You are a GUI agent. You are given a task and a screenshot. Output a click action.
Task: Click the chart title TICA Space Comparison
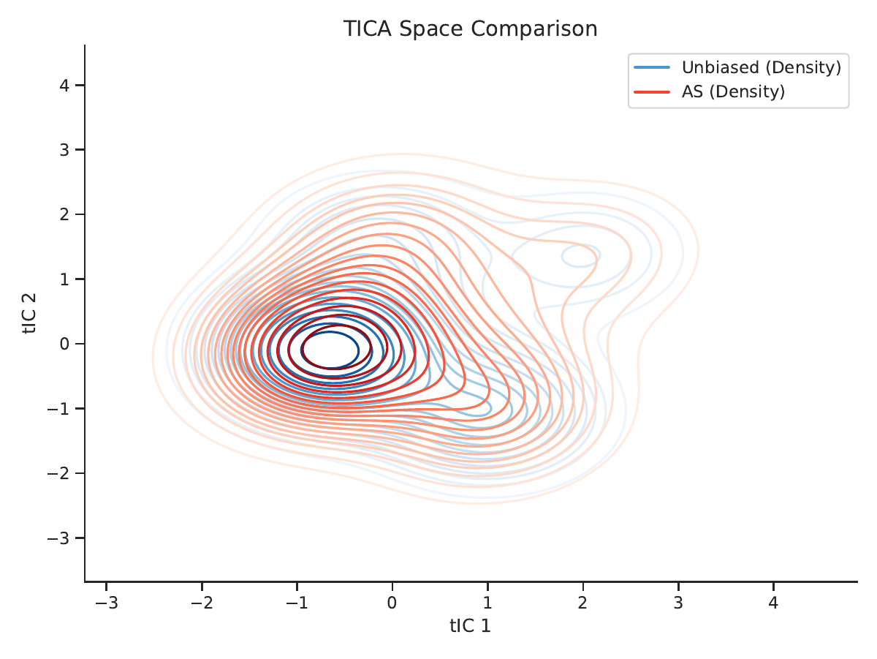pyautogui.click(x=470, y=29)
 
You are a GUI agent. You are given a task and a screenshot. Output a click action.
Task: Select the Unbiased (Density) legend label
pyautogui.click(x=762, y=67)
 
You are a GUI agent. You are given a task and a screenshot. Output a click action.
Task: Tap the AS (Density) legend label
pyautogui.click(x=733, y=92)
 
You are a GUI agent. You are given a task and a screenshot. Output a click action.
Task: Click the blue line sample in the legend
pyautogui.click(x=652, y=67)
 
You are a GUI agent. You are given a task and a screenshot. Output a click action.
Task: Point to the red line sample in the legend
pyautogui.click(x=652, y=92)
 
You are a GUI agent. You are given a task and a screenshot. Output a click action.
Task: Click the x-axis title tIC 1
pyautogui.click(x=470, y=626)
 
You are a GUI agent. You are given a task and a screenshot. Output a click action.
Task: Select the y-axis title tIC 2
pyautogui.click(x=29, y=314)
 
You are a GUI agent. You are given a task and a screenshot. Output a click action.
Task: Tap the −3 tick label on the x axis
pyautogui.click(x=107, y=603)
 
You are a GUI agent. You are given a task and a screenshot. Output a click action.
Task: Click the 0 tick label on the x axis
pyautogui.click(x=392, y=603)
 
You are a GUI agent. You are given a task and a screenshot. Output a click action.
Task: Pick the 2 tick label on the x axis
pyautogui.click(x=582, y=603)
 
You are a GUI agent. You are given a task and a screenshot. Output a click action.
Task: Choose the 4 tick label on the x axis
pyautogui.click(x=773, y=603)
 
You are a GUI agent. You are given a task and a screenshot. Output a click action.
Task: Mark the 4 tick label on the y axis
pyautogui.click(x=64, y=85)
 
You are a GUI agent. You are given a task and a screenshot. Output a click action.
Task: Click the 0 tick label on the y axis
pyautogui.click(x=64, y=344)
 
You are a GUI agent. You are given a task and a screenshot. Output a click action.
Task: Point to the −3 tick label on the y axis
pyautogui.click(x=58, y=538)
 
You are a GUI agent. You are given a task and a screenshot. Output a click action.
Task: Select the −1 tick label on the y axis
pyautogui.click(x=58, y=409)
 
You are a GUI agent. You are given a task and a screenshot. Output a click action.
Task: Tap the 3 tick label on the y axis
pyautogui.click(x=64, y=150)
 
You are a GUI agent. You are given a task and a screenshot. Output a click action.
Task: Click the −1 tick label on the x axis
pyautogui.click(x=297, y=603)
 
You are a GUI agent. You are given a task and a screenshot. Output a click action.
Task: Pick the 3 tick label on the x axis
pyautogui.click(x=678, y=603)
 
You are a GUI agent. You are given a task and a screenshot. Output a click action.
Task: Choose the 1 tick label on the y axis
pyautogui.click(x=64, y=279)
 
